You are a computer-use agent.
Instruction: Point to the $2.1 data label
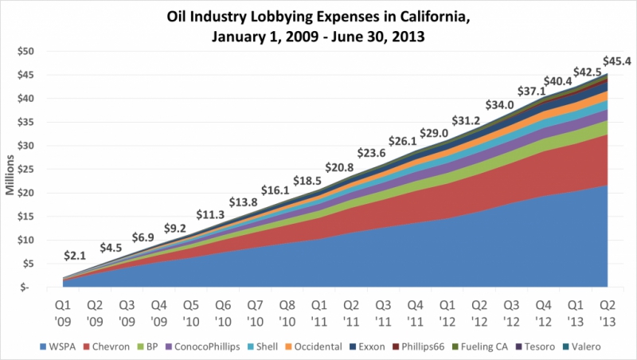(76, 256)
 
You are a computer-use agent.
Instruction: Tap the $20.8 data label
(339, 167)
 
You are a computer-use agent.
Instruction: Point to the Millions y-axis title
(12, 169)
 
